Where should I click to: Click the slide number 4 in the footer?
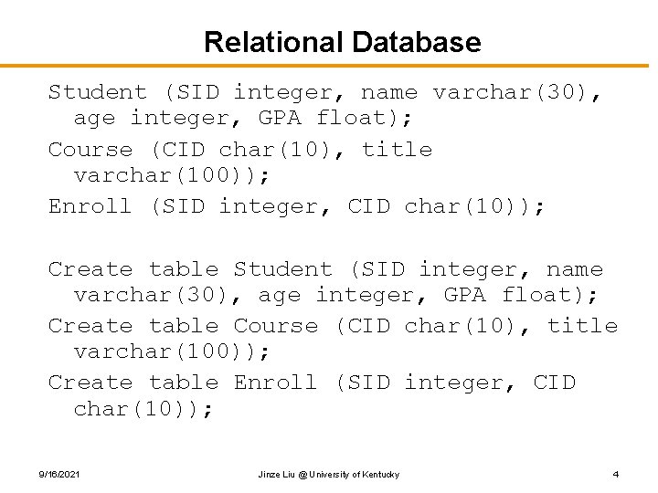(616, 474)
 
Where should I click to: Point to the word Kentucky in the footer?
(380, 474)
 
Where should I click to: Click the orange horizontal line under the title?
(329, 66)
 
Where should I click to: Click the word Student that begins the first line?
(97, 92)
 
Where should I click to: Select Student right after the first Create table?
(283, 269)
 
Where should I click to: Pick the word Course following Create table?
(276, 326)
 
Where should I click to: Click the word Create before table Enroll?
(90, 383)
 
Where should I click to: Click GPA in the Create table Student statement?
(465, 295)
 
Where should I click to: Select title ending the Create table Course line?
(582, 326)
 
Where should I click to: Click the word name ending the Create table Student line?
(575, 269)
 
